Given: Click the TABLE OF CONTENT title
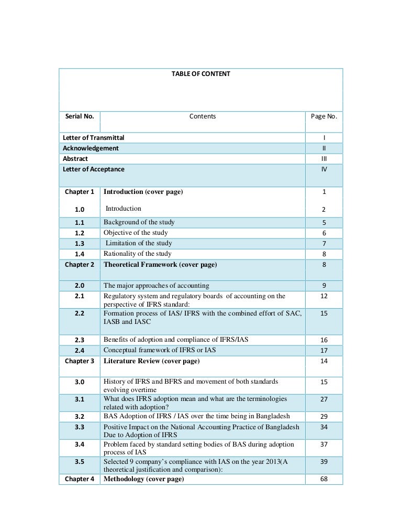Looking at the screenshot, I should coord(200,74).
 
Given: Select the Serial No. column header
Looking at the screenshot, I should coord(80,116).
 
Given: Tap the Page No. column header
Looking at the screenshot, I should coord(324,116).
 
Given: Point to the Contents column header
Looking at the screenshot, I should coord(202,116).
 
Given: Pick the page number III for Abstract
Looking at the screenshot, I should coord(324,159).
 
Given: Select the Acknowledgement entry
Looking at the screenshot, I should coord(91,148).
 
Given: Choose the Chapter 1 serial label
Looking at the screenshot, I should coord(80,192).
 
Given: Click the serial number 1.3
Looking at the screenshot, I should coord(80,244).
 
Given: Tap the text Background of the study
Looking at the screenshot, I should coord(139,222).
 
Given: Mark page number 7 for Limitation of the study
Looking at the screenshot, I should coord(324,244).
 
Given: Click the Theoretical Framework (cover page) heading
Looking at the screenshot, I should coord(160,265).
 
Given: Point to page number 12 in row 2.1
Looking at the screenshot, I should coord(324,297).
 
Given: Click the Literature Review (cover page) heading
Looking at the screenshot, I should coord(151,361).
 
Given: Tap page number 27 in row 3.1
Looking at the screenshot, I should coord(324,399).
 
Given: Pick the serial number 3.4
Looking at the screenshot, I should coord(80,444).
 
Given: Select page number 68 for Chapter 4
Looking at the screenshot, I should coord(324,479).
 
